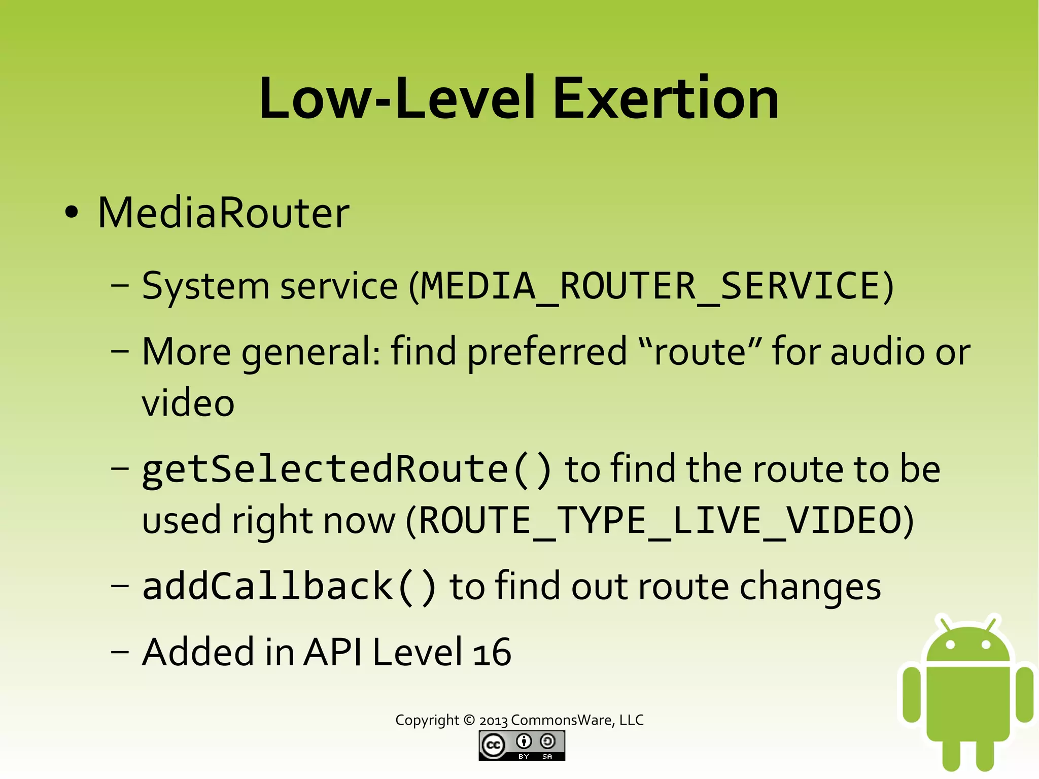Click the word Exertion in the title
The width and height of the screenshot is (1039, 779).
[x=665, y=98]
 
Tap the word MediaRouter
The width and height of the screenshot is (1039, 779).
[x=223, y=213]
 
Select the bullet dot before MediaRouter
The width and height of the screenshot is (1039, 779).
[x=72, y=213]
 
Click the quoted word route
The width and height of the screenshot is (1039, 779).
[x=700, y=352]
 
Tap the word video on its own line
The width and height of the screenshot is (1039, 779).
[x=188, y=403]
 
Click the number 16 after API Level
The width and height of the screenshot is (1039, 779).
[x=492, y=653]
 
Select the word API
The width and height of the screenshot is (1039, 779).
[x=333, y=653]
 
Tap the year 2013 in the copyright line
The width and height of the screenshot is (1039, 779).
[x=493, y=721]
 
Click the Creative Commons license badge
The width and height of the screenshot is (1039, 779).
[x=522, y=746]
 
